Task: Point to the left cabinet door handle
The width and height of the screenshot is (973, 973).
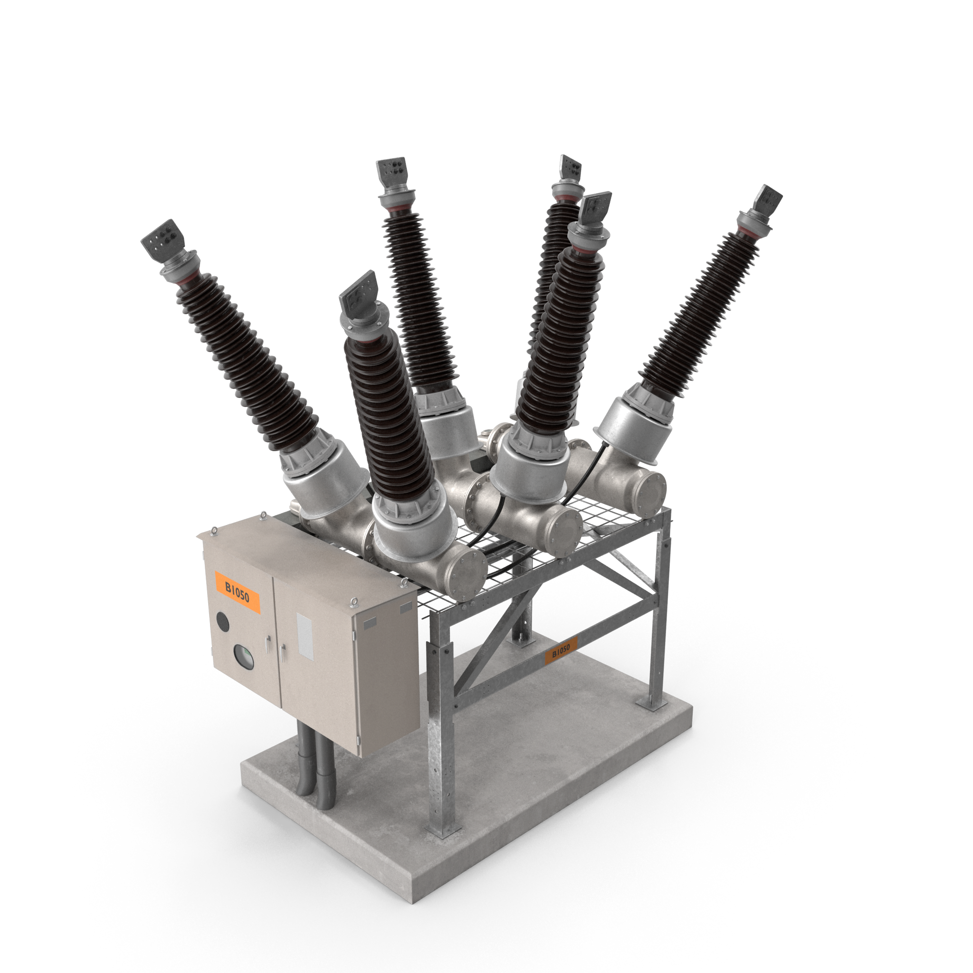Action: point(268,643)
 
